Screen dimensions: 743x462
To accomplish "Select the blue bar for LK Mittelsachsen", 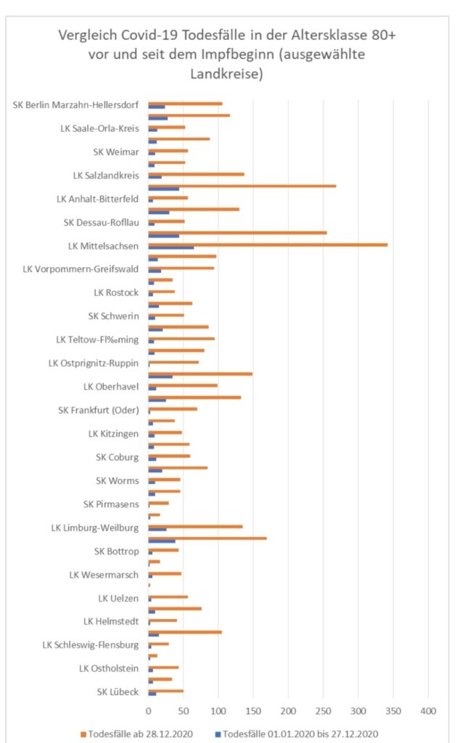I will (x=170, y=248).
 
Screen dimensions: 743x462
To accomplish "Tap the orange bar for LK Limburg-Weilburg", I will (x=195, y=527).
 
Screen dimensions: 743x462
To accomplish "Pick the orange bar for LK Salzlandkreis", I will (x=196, y=174).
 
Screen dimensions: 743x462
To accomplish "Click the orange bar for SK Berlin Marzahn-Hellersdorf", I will (x=185, y=103).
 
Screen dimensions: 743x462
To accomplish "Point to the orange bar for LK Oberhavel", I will (x=183, y=385).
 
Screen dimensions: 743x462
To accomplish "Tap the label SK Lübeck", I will (x=117, y=692).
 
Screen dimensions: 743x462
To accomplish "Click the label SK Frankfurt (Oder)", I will (x=98, y=410).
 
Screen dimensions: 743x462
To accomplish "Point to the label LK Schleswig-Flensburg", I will (x=91, y=645).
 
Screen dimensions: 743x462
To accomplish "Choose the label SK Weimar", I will (x=116, y=152).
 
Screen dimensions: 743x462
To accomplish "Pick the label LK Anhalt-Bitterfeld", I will (x=98, y=198).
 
